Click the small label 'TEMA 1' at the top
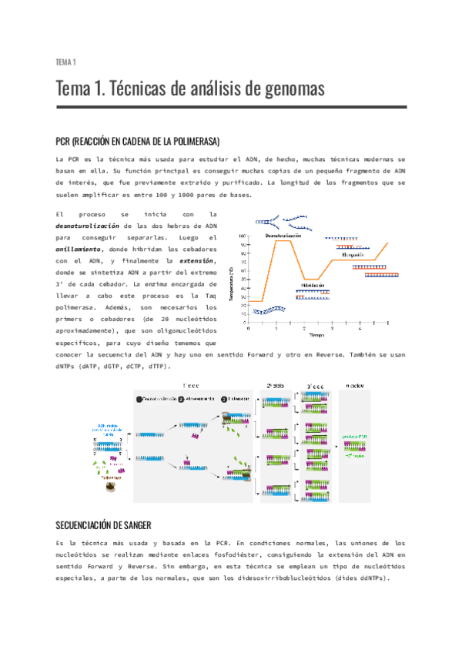click(65, 62)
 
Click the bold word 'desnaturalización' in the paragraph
click(88, 226)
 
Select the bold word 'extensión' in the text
click(196, 262)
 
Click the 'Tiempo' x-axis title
click(317, 336)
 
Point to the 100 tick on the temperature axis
click(243, 236)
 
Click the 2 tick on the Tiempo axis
click(304, 328)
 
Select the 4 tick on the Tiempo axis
click(360, 328)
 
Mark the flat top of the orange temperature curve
click(283, 241)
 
